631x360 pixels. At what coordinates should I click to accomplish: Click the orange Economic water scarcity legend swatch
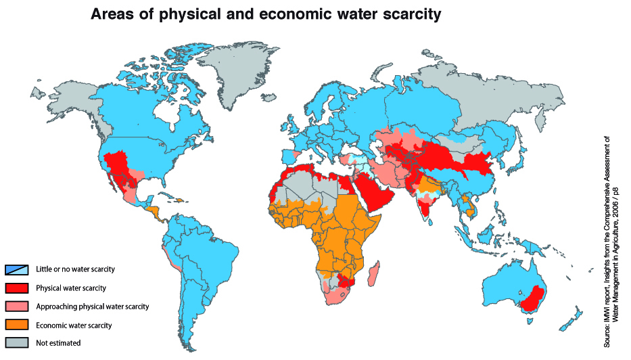(17, 324)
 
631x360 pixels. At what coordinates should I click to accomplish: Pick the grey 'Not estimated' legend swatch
(17, 342)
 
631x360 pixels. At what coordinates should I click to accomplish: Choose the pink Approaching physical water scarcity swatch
(17, 306)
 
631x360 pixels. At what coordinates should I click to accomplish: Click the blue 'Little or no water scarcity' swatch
(17, 269)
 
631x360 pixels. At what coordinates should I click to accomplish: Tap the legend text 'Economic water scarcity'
(73, 325)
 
